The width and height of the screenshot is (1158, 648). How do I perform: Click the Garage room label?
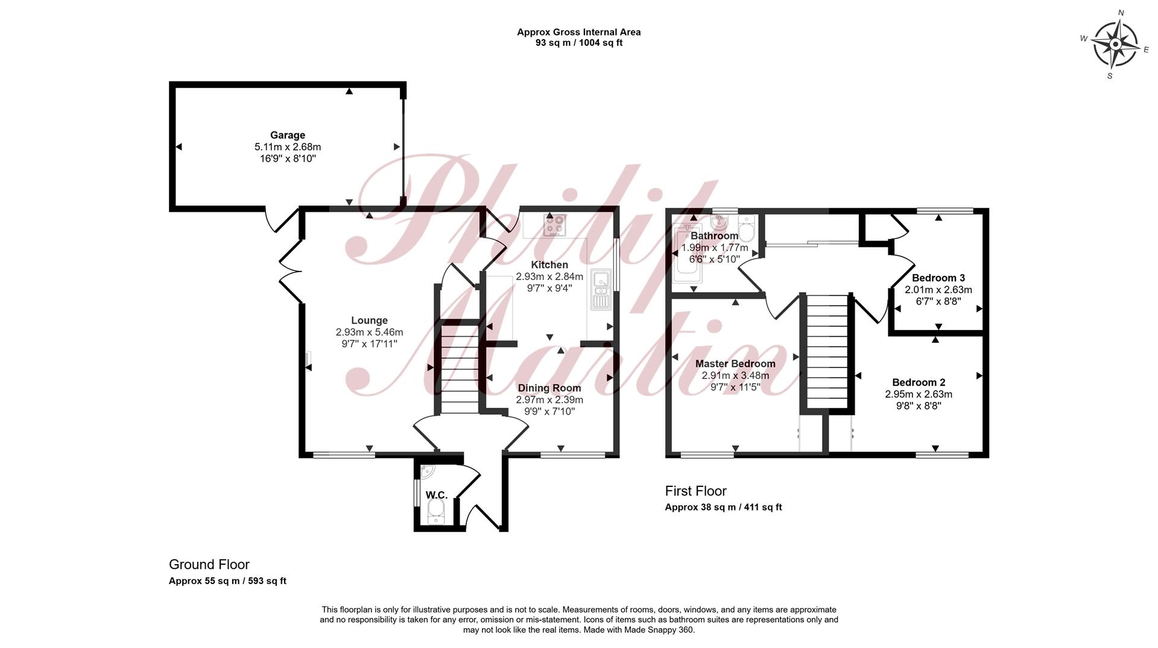[288, 135]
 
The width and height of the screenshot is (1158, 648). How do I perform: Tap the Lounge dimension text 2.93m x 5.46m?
[370, 332]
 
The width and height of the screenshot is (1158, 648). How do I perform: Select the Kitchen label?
[549, 265]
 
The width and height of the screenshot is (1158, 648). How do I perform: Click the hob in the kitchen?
[555, 225]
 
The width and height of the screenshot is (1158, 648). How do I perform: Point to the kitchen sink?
[601, 290]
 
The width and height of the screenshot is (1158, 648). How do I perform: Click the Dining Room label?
[549, 388]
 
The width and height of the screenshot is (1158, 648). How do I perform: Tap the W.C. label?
[437, 495]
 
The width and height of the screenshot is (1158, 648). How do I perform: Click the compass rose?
[1116, 44]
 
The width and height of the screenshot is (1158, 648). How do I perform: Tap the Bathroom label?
[715, 236]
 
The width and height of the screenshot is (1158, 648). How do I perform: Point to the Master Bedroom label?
[735, 364]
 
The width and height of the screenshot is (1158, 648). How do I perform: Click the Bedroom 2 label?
[919, 383]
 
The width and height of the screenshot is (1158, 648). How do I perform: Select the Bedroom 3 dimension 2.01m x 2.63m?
[938, 290]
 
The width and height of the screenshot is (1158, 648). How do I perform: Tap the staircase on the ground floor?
[460, 369]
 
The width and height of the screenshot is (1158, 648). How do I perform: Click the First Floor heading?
[696, 491]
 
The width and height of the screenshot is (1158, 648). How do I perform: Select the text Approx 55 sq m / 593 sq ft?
[227, 581]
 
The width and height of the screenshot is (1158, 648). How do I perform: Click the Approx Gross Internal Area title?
[579, 32]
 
